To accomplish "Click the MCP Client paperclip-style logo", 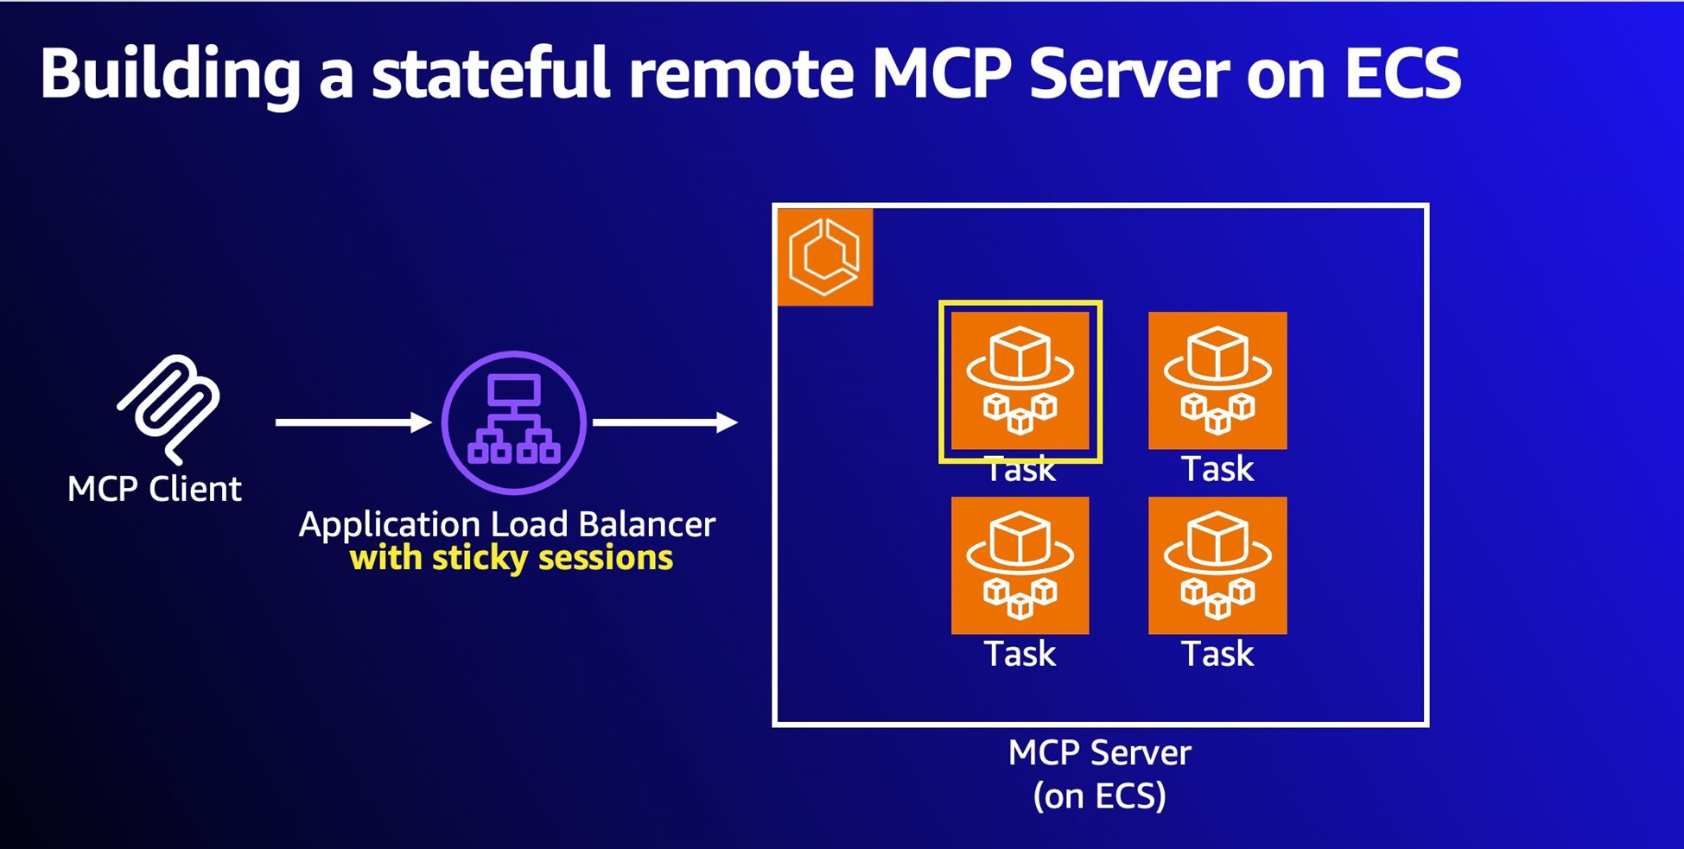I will [169, 408].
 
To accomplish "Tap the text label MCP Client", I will [155, 490].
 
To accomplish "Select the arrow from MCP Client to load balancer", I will [353, 422].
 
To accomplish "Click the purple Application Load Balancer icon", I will [514, 422].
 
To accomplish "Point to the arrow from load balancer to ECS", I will [664, 422].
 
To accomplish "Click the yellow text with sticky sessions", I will [511, 559].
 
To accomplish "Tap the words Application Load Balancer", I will [507, 524].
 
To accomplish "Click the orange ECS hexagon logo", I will [825, 257].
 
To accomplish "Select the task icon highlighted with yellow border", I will [1020, 380].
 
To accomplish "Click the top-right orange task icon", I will [1217, 380].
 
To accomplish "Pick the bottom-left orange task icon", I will [1020, 565].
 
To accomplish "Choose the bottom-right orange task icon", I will [1217, 565].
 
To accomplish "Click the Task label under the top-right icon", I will [1217, 469].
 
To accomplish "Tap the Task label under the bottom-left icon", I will [1020, 654].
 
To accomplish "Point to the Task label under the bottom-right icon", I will [1217, 654].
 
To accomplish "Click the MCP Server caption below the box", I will [1099, 753].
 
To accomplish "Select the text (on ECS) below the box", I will [1099, 795].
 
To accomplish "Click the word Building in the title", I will [170, 74].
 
